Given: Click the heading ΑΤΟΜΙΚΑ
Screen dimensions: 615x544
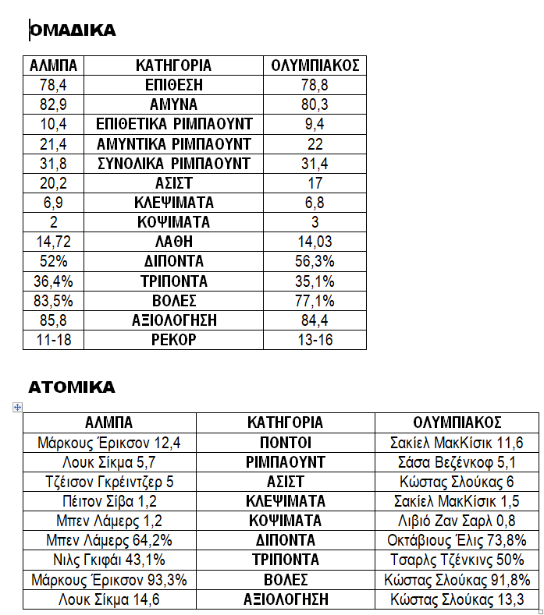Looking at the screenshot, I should (72, 387).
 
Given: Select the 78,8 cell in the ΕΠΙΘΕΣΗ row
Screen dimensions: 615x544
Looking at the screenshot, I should (315, 85).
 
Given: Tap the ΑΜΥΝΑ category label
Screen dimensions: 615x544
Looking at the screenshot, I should (173, 104).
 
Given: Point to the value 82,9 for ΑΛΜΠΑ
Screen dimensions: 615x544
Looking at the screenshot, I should (48, 104).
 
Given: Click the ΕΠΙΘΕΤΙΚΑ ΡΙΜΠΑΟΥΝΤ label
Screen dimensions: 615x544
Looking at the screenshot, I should (173, 124).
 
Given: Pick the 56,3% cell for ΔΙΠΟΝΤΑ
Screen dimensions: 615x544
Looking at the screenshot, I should (315, 261).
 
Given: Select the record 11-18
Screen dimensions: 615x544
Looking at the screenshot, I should (48, 340).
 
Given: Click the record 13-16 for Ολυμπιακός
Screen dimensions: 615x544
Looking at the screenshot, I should (315, 340).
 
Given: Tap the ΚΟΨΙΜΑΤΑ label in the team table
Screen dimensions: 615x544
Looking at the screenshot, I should (173, 222).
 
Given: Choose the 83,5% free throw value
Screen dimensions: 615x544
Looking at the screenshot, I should (48, 301).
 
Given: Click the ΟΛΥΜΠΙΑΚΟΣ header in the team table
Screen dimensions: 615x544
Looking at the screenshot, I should (315, 65).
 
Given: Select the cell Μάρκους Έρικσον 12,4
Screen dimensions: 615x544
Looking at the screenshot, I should (109, 443).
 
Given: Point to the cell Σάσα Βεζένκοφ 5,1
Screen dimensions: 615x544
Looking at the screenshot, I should (457, 462).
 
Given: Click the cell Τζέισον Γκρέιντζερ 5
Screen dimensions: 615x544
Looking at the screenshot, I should (109, 482).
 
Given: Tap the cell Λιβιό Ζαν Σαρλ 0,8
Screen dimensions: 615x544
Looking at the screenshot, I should (457, 521).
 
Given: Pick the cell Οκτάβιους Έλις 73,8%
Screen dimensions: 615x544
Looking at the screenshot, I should (457, 540).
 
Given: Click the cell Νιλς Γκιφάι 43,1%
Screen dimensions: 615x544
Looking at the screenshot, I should (109, 560).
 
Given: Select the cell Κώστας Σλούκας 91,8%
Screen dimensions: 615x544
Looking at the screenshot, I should (457, 580).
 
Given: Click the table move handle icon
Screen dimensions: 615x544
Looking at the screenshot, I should (18, 407).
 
